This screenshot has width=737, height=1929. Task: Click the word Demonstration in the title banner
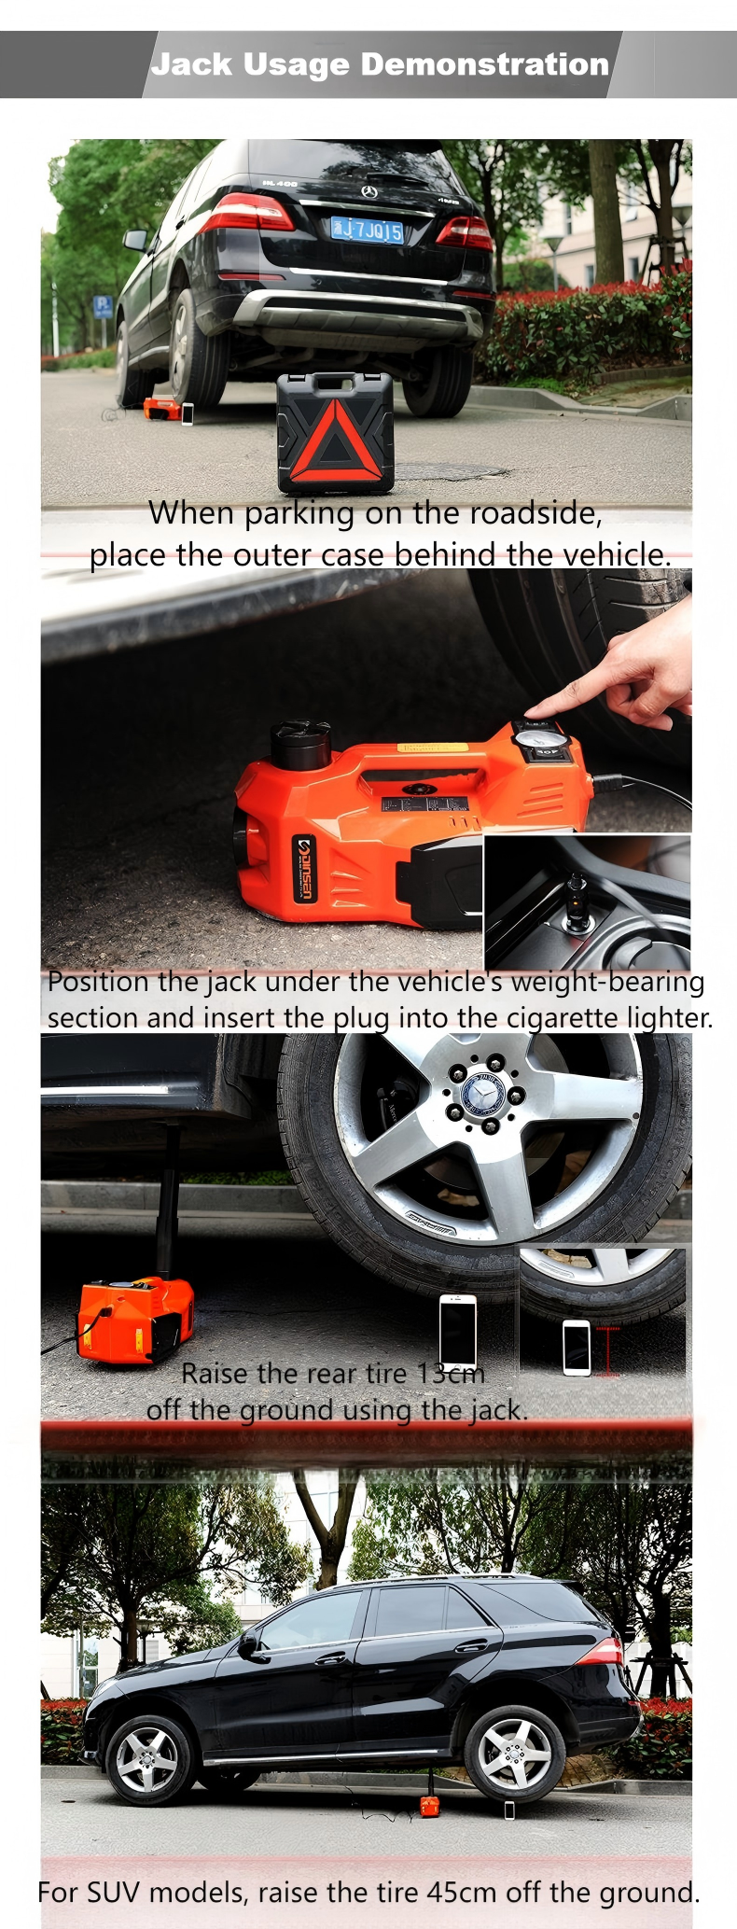484,64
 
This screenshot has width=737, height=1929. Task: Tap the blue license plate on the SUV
367,229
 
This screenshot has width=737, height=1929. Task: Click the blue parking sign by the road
104,306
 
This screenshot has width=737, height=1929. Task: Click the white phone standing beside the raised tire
457,1333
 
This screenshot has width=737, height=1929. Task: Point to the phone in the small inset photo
576,1347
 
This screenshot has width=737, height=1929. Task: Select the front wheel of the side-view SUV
148,1759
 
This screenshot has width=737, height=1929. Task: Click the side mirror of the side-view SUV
249,1643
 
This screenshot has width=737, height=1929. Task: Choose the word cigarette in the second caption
565,1017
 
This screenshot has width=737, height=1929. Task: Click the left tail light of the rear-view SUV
246,214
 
